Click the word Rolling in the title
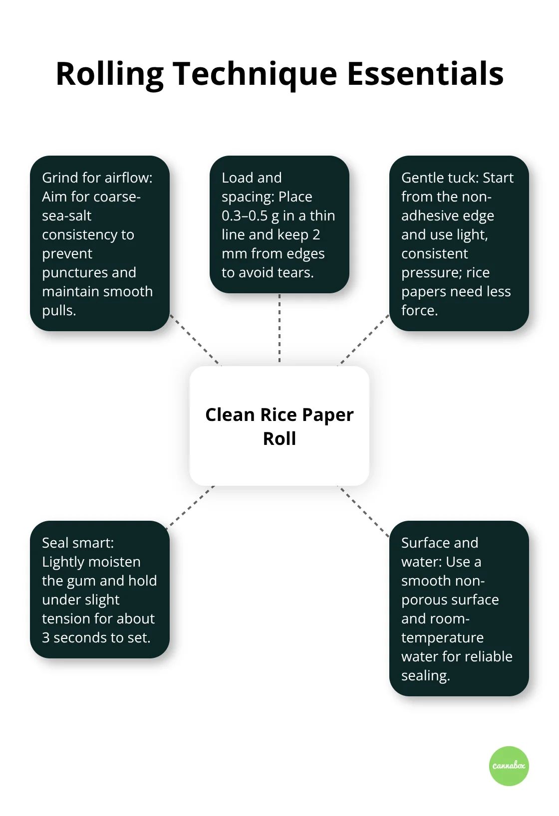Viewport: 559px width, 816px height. click(x=109, y=74)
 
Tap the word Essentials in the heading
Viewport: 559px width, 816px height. click(x=425, y=74)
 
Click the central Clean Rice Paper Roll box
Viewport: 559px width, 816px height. click(x=279, y=426)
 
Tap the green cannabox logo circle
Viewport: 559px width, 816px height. click(x=509, y=766)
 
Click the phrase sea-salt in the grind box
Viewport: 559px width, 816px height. click(x=67, y=216)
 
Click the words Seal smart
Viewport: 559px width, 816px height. click(x=77, y=543)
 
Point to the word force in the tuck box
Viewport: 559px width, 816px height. click(x=419, y=311)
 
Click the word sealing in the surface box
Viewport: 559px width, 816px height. click(x=425, y=676)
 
